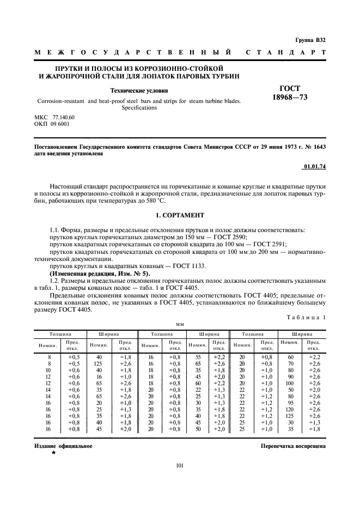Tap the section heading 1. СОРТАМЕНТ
click(x=180, y=216)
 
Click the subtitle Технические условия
click(x=139, y=92)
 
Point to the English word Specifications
click(x=139, y=108)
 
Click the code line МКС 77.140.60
click(x=54, y=118)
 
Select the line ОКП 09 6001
click(x=52, y=125)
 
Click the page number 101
click(x=180, y=466)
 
